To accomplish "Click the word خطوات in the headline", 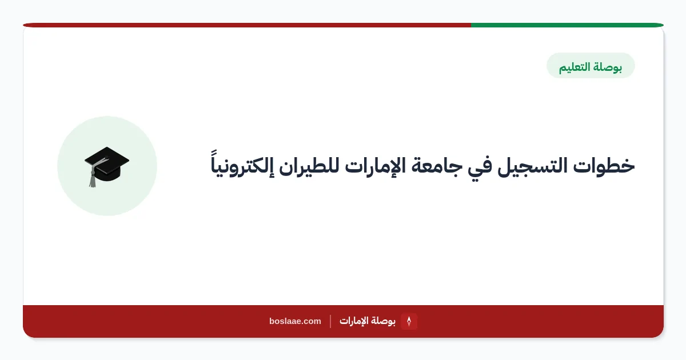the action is click(x=604, y=166).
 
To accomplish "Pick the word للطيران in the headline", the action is click(x=309, y=166).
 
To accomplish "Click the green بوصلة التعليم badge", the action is click(x=591, y=66).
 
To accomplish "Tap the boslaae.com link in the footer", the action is click(x=295, y=321).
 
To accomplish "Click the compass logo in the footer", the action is click(x=409, y=321).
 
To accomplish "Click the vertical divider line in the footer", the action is click(x=330, y=321).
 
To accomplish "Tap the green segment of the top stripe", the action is click(x=567, y=25).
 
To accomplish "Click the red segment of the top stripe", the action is click(x=247, y=25).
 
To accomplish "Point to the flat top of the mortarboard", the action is click(x=107, y=159).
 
